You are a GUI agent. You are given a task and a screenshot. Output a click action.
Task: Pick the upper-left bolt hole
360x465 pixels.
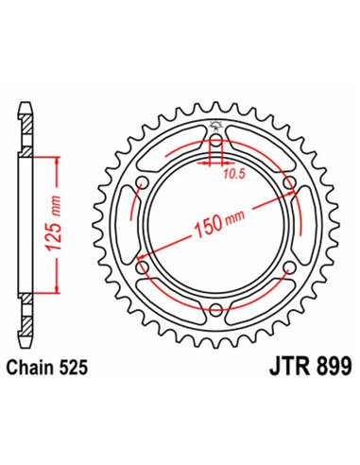pos(142,182)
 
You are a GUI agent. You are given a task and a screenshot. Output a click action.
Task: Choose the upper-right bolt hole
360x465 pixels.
pos(287,182)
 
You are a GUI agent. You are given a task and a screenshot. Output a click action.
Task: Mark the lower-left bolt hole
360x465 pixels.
pos(142,267)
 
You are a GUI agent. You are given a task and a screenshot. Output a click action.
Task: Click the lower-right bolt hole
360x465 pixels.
pos(287,267)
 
